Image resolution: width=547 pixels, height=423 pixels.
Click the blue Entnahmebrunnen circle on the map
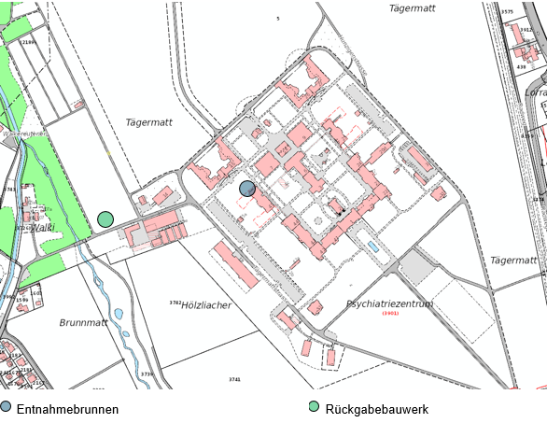point(247,189)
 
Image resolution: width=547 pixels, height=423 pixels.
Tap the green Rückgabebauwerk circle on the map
point(105,219)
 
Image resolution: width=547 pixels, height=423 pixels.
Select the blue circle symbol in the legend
point(7,407)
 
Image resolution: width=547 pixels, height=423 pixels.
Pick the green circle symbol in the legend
point(315,407)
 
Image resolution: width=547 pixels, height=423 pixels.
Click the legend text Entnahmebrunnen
point(67,409)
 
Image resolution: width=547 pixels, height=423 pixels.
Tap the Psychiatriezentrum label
point(389,304)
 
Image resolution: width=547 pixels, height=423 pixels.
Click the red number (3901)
point(390,314)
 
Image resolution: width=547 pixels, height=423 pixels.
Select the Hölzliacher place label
point(206,305)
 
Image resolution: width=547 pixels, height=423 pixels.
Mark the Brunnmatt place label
point(84,322)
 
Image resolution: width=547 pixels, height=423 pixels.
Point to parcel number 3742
point(175,303)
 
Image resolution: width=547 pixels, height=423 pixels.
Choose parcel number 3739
point(147,374)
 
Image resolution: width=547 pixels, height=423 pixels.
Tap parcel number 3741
point(234,379)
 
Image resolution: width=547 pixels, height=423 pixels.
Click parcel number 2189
point(28,42)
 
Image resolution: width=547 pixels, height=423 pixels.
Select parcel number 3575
point(508,12)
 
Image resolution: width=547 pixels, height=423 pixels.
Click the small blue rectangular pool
point(373,247)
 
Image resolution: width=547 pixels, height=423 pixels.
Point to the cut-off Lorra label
point(536,92)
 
